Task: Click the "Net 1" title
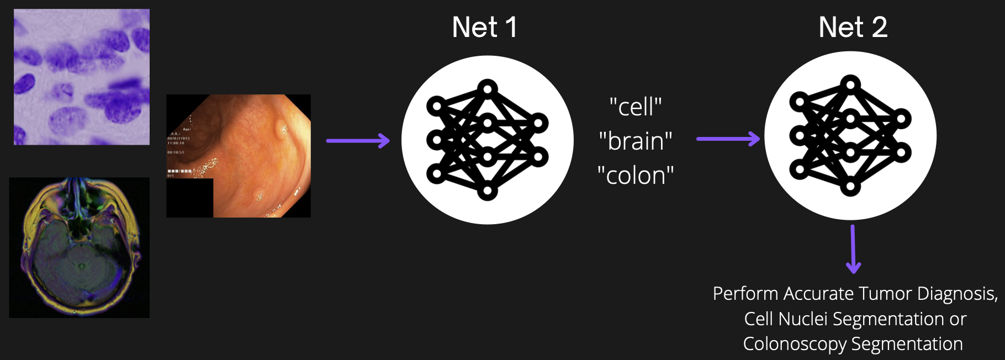click(484, 27)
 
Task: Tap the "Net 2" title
click(853, 27)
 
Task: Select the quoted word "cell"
click(636, 107)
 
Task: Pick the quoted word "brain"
click(636, 141)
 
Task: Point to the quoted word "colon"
click(636, 176)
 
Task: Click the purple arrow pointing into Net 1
click(358, 140)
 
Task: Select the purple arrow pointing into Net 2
click(728, 139)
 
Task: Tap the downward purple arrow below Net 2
click(853, 249)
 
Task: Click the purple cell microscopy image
click(82, 77)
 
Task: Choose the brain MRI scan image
click(80, 247)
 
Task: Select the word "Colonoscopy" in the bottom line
click(794, 344)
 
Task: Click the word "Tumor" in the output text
click(886, 294)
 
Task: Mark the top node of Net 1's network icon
click(488, 88)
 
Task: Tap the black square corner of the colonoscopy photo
click(189, 198)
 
